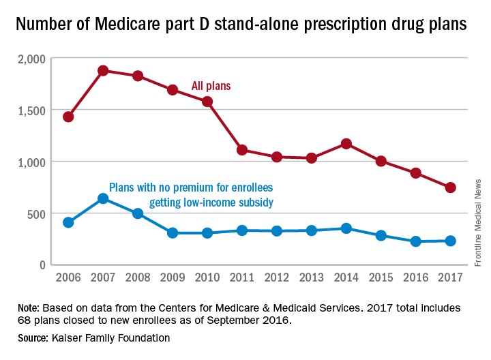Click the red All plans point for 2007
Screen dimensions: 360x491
103,70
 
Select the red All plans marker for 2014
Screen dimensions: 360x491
346,144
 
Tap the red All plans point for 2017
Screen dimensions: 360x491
450,187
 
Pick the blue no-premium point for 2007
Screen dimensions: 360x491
103,198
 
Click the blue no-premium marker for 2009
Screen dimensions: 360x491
173,233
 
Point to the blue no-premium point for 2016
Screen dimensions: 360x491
415,241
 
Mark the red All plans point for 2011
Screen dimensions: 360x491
242,150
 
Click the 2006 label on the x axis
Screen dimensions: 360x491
68,277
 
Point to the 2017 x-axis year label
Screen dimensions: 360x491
450,277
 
